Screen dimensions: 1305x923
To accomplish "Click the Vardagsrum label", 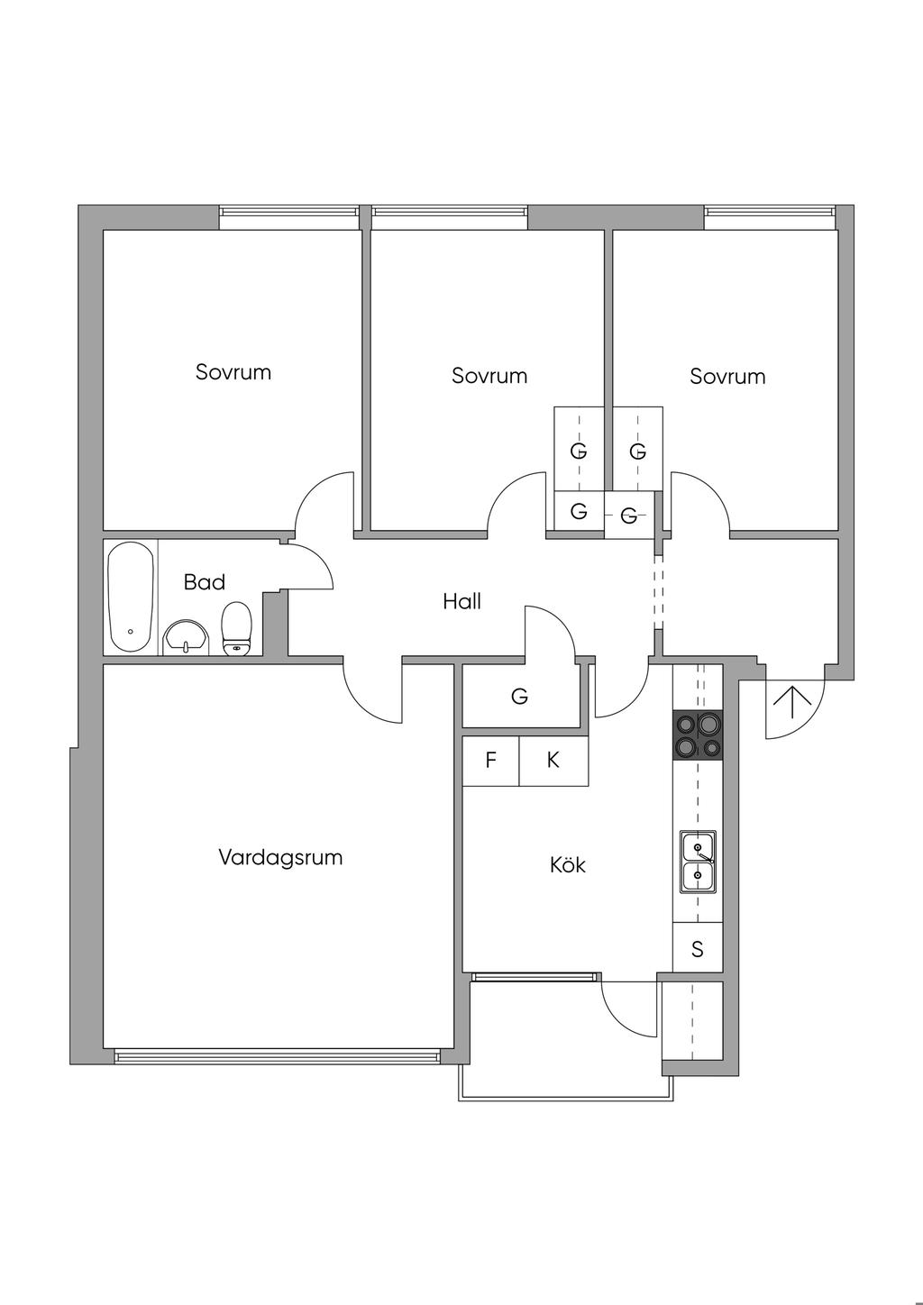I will [280, 857].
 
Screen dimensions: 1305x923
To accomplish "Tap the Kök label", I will [568, 865].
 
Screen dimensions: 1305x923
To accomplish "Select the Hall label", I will [461, 601].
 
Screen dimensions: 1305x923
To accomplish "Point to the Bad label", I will [205, 582].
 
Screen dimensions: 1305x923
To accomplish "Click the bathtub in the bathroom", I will [132, 597].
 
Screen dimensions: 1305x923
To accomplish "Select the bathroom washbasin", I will [187, 637].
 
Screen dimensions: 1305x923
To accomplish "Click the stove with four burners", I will [698, 735].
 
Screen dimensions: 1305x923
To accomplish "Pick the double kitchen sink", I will [698, 862].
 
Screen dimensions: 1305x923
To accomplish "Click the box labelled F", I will [490, 761].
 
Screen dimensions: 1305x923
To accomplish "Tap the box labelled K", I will [553, 761].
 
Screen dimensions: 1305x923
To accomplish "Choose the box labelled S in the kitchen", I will [698, 948].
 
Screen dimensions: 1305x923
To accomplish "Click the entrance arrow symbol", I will [792, 702].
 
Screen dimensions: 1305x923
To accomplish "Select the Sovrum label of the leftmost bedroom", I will [233, 372].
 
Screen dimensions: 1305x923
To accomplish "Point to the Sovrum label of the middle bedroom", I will [489, 376].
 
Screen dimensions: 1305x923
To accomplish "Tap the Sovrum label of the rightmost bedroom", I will [727, 377].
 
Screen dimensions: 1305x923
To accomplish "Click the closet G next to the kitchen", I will [520, 696].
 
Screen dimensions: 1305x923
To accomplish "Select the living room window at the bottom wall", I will [276, 1056].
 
